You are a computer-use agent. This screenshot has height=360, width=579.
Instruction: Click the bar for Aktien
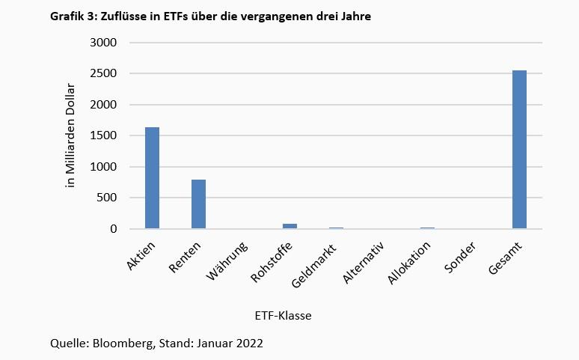tap(152, 178)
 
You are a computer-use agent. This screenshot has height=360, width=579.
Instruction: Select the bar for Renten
tap(198, 204)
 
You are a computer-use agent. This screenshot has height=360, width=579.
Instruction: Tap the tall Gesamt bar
tap(519, 150)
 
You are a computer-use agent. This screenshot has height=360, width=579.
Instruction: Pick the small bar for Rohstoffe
tap(289, 226)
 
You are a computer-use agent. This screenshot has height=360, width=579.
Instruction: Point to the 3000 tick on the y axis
tap(104, 43)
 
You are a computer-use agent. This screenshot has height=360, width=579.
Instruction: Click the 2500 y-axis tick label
tap(104, 74)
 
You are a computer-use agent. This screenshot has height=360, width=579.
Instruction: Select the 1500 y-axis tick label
tap(104, 136)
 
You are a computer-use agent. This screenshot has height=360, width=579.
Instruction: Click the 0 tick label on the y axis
tap(114, 229)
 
